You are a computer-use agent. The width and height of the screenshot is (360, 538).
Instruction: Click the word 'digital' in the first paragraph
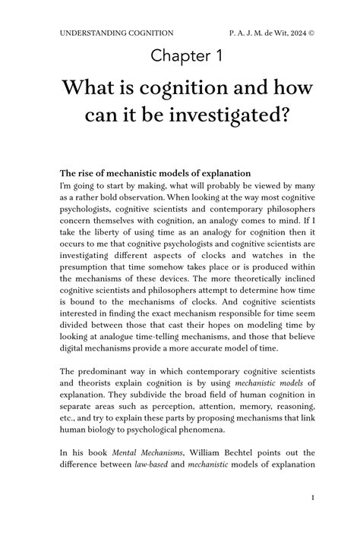[x=75, y=349]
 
